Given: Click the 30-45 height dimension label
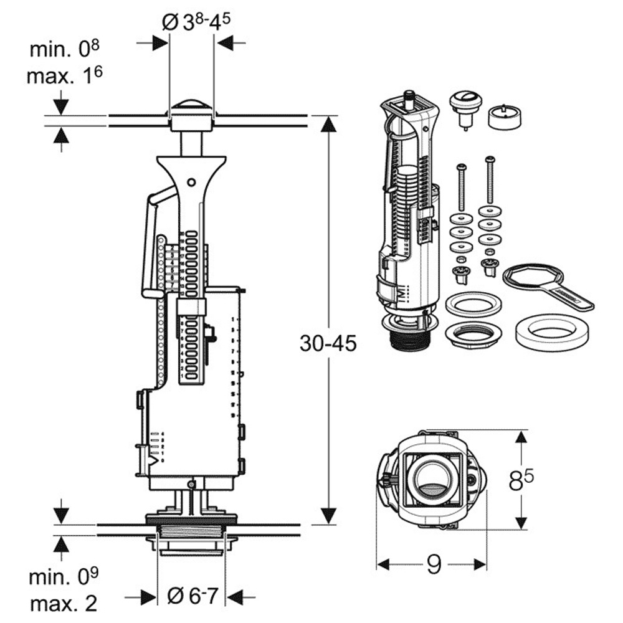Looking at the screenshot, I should [x=328, y=344].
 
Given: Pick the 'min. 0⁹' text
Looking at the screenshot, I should [x=64, y=576].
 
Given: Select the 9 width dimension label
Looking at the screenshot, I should [x=434, y=564].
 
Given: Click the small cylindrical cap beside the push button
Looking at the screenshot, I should [x=503, y=117].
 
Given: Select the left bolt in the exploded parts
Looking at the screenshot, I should [x=461, y=186].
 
